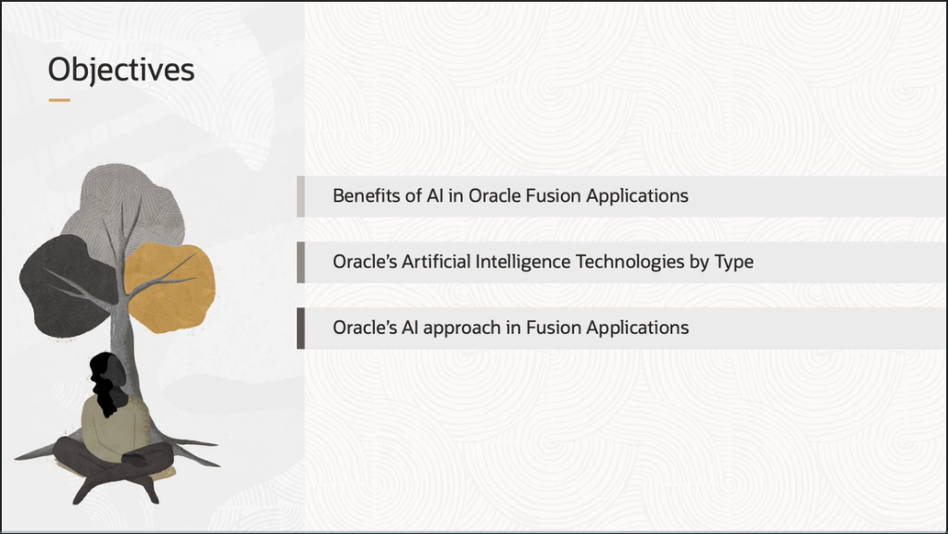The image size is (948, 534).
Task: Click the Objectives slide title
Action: tap(121, 70)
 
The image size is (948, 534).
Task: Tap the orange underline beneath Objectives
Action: tap(59, 100)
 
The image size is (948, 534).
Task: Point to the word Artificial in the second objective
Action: tap(436, 262)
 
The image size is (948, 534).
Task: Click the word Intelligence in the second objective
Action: tap(523, 262)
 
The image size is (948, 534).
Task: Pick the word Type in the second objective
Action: tap(734, 263)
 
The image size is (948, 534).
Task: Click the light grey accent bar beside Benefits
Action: tap(301, 196)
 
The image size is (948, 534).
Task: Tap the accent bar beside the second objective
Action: tap(301, 262)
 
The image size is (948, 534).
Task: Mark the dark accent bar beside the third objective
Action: tap(301, 328)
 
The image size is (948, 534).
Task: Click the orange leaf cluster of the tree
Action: tap(170, 288)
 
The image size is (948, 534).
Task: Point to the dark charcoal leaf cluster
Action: tap(68, 286)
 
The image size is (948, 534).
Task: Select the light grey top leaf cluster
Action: tap(124, 208)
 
